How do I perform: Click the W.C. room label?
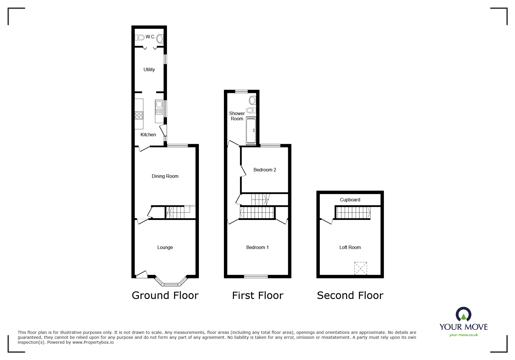tap(150, 37)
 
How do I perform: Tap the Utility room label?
tap(149, 69)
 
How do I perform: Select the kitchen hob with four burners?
tap(139, 115)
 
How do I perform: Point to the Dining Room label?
tap(165, 176)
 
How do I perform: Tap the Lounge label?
tap(165, 247)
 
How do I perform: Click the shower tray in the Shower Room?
tap(251, 131)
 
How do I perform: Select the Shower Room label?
tap(237, 116)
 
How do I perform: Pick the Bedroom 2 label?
tap(265, 170)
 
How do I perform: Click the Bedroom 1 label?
tap(257, 247)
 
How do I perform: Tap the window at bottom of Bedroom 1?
tap(256, 276)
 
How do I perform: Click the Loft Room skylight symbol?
tap(361, 268)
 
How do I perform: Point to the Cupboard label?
tap(350, 200)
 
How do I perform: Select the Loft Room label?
tap(350, 247)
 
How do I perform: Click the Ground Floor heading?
tap(165, 295)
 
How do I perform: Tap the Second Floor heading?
tap(350, 295)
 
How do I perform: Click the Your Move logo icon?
tap(463, 315)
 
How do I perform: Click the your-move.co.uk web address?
tap(464, 335)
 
